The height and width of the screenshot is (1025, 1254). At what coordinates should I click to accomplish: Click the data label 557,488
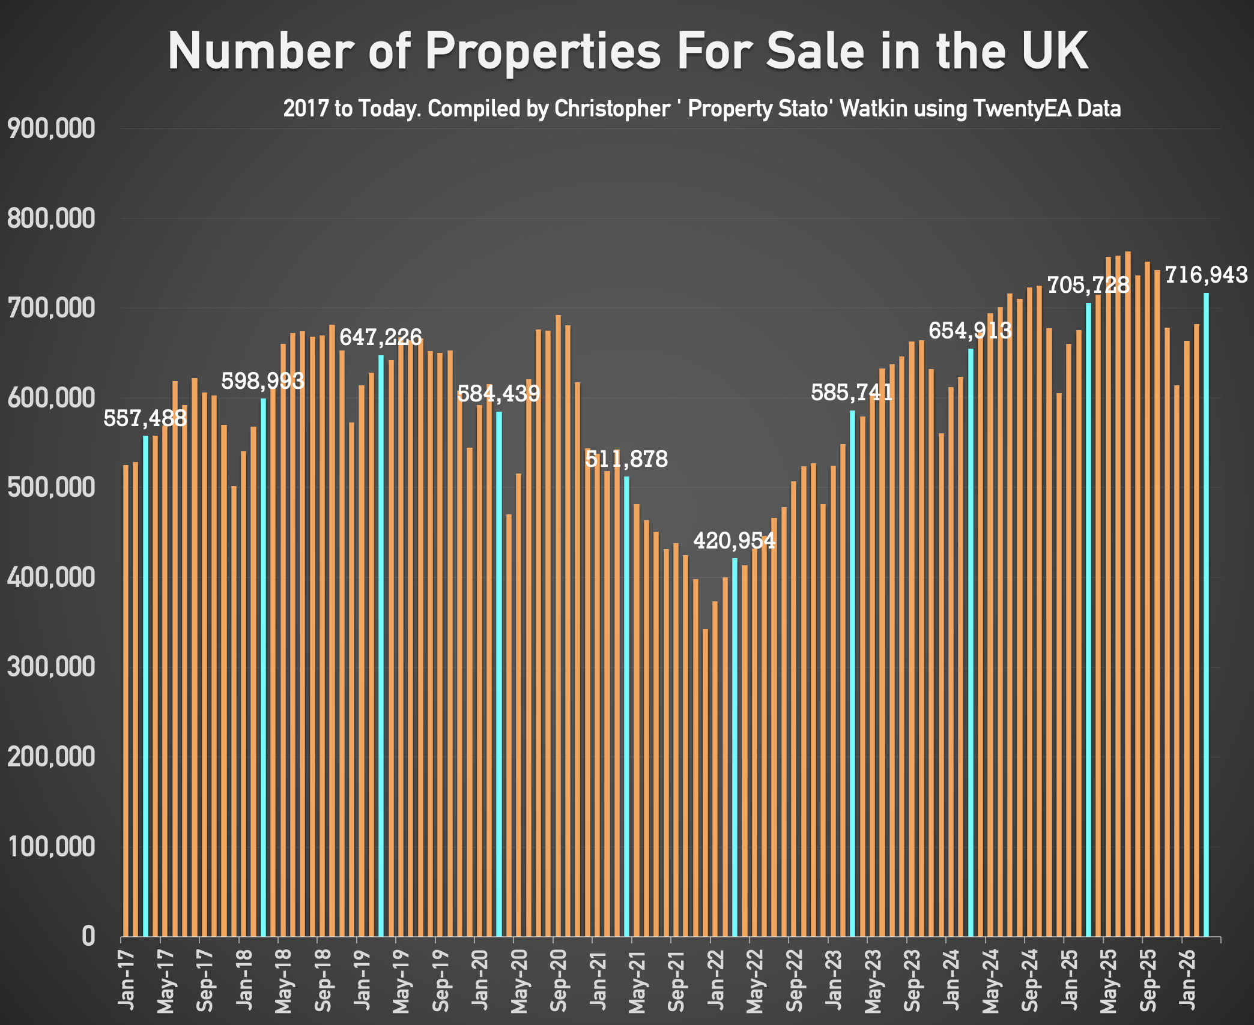[145, 418]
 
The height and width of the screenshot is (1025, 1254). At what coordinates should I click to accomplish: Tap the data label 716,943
[1206, 275]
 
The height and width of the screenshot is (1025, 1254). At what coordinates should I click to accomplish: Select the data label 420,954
[734, 541]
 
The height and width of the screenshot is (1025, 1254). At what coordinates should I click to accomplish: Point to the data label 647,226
[381, 337]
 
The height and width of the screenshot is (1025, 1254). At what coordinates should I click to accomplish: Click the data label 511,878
[626, 459]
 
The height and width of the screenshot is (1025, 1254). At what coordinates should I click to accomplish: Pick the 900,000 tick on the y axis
[51, 128]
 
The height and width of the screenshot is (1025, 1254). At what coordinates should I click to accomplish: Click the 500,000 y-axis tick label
[51, 487]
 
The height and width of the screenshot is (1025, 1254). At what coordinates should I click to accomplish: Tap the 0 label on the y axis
[88, 936]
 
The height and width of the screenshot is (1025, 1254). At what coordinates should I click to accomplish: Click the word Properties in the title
[543, 50]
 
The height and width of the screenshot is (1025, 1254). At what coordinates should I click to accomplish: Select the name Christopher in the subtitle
[611, 109]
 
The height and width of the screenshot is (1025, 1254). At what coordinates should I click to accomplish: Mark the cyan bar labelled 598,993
[263, 666]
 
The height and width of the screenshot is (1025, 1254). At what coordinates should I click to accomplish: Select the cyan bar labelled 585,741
[852, 672]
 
